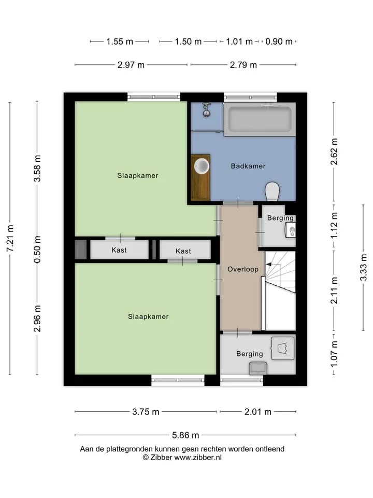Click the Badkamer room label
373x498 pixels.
pyautogui.click(x=248, y=166)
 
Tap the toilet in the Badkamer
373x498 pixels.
pyautogui.click(x=272, y=191)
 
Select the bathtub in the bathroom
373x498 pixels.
pyautogui.click(x=260, y=119)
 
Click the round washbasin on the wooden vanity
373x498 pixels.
pyautogui.click(x=202, y=166)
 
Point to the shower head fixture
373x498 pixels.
pyautogui.click(x=207, y=109)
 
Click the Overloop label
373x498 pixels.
pyautogui.click(x=243, y=269)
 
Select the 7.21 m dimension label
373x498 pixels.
pyautogui.click(x=10, y=238)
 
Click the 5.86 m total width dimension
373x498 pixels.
pyautogui.click(x=185, y=435)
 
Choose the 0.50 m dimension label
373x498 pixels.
pyautogui.click(x=37, y=250)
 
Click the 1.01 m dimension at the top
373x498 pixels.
pyautogui.click(x=239, y=41)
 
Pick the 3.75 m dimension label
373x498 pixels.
pyautogui.click(x=146, y=411)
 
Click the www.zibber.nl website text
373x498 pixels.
pyautogui.click(x=198, y=458)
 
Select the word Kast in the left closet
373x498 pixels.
pyautogui.click(x=119, y=250)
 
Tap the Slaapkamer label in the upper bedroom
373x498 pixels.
pyautogui.click(x=138, y=176)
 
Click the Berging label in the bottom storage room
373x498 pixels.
pyautogui.click(x=250, y=354)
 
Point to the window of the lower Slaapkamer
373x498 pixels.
pyautogui.click(x=178, y=380)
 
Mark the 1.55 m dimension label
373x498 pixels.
pyautogui.click(x=120, y=41)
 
